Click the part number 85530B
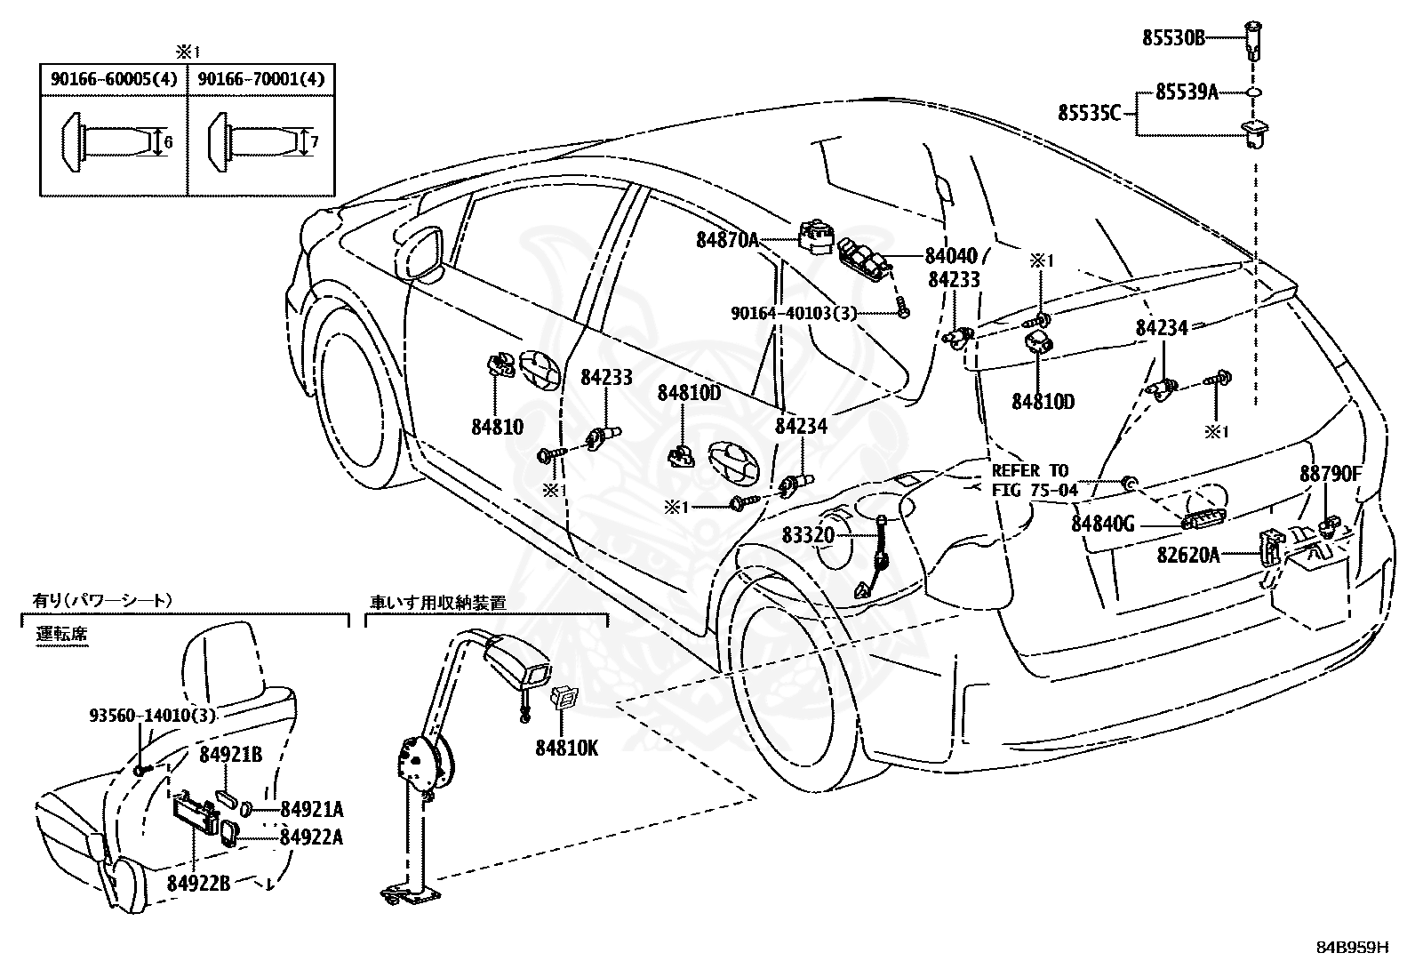point(1173,38)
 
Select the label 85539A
point(1187,92)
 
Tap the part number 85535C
point(1089,113)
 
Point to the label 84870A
point(728,238)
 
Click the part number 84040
point(950,255)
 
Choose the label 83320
point(809,535)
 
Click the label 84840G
point(1102,524)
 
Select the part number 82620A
point(1188,556)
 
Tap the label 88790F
point(1331,474)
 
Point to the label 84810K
point(566,748)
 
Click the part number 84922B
point(198,883)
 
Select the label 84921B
point(230,755)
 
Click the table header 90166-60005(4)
point(114,79)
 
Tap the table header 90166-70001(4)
point(261,79)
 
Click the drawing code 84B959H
point(1352,947)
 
